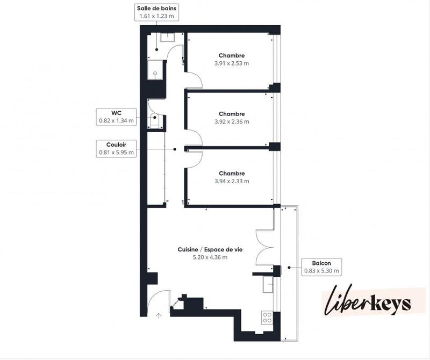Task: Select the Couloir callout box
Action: [116, 148]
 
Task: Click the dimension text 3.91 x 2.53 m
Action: [232, 63]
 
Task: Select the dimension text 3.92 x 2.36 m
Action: [232, 121]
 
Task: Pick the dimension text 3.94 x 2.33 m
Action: [232, 181]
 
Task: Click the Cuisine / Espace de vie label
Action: [210, 250]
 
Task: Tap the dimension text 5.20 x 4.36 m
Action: [210, 257]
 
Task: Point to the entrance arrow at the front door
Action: [159, 316]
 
